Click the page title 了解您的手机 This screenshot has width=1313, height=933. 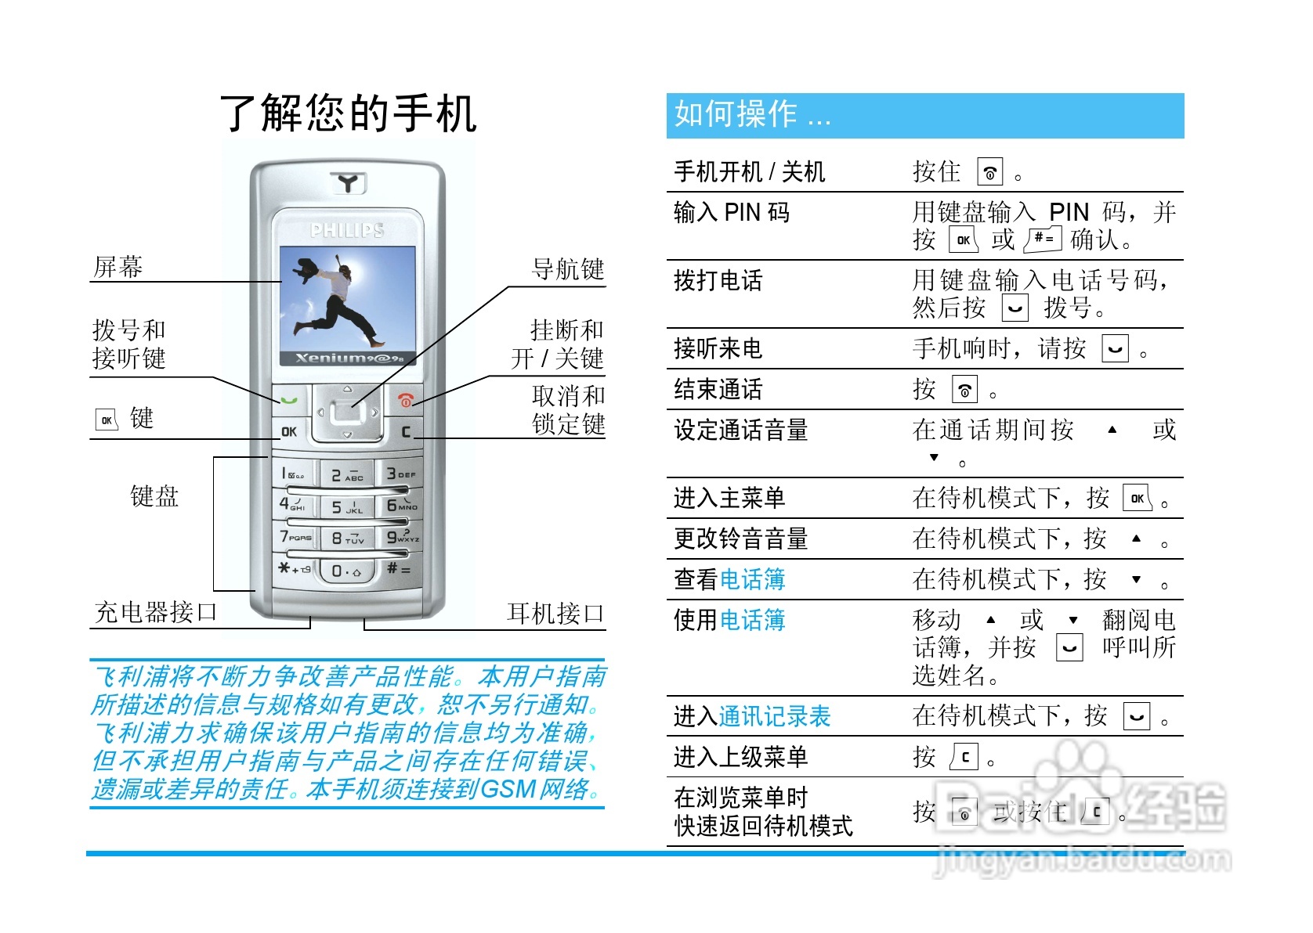click(x=348, y=113)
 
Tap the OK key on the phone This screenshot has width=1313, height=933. click(x=289, y=431)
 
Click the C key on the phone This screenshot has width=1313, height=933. click(x=405, y=431)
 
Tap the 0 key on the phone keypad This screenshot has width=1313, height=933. click(x=345, y=571)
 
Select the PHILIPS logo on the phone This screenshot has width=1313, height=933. click(x=347, y=230)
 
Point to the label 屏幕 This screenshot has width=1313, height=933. click(x=118, y=268)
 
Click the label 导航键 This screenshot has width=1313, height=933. click(x=568, y=270)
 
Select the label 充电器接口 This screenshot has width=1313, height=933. click(x=155, y=612)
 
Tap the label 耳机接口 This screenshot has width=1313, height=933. click(x=555, y=614)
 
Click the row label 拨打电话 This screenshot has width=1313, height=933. click(x=718, y=281)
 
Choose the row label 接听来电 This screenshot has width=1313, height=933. click(x=718, y=349)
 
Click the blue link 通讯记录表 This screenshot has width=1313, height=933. click(x=774, y=716)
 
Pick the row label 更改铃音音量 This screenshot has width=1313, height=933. click(x=740, y=539)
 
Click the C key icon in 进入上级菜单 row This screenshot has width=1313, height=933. click(x=965, y=758)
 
